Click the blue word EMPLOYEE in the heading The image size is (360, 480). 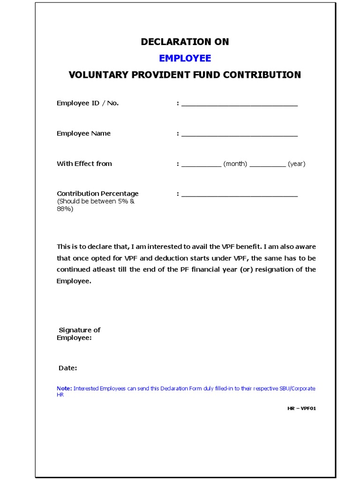tap(185, 58)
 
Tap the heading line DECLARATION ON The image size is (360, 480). tap(185, 42)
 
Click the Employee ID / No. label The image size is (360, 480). tap(88, 103)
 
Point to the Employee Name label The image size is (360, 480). tap(83, 134)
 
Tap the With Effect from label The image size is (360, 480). tap(84, 164)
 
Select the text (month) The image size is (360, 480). tap(235, 164)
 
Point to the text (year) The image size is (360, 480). tap(296, 164)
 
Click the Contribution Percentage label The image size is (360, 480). tap(97, 194)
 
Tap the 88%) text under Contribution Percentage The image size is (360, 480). tap(65, 209)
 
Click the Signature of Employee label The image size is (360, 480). tap(79, 334)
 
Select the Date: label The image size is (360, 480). tap(67, 368)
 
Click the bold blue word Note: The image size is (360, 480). tap(64, 389)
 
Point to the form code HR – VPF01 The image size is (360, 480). tap(302, 408)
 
